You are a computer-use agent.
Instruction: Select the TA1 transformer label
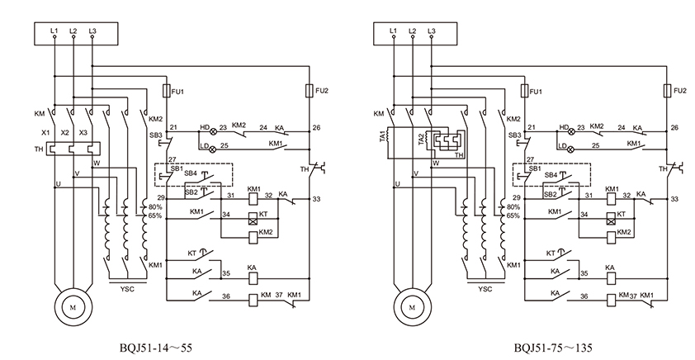click(382, 135)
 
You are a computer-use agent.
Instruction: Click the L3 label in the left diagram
click(92, 31)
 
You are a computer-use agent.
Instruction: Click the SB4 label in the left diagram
click(191, 173)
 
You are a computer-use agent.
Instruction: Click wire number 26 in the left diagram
click(316, 128)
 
